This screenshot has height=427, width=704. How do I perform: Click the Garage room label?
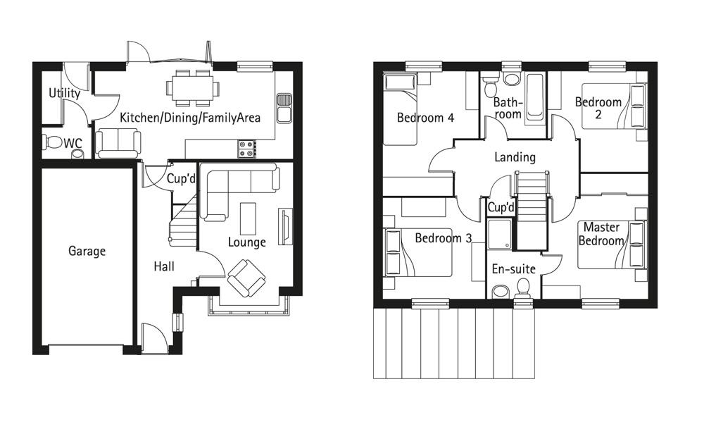click(x=87, y=251)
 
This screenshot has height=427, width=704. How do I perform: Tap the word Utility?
click(x=64, y=94)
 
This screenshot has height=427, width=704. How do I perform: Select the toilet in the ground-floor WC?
click(x=53, y=142)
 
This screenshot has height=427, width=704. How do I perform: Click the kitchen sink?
click(x=284, y=108)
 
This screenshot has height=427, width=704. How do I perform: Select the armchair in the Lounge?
click(x=246, y=278)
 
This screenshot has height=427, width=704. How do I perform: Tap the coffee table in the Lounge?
click(x=248, y=218)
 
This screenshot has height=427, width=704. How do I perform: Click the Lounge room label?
click(x=246, y=242)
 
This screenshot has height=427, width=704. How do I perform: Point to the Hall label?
click(x=164, y=266)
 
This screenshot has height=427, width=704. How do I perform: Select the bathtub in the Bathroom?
click(x=534, y=97)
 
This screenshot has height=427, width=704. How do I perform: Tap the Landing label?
click(x=515, y=157)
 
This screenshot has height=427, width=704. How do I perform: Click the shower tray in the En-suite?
click(x=500, y=233)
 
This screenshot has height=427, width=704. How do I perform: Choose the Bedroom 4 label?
click(x=425, y=118)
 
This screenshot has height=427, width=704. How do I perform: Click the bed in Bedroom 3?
click(x=417, y=252)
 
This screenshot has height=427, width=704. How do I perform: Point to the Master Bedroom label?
click(x=601, y=234)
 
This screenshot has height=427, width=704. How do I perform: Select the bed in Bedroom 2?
click(x=615, y=106)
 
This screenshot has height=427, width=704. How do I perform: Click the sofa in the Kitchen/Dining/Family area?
click(x=118, y=143)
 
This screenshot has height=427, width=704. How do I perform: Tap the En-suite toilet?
click(x=524, y=289)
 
